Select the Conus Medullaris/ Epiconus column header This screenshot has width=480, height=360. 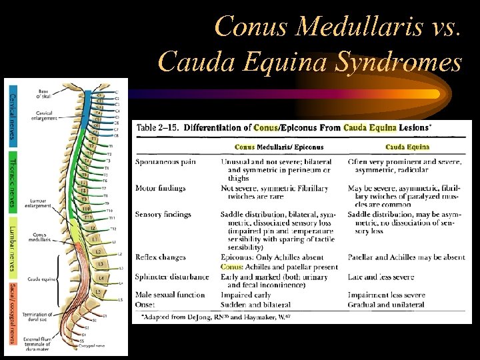coord(279,147)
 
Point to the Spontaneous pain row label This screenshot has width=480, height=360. coord(166,161)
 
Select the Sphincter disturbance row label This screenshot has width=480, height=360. coord(172,276)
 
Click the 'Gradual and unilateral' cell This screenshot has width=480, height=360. coord(386,304)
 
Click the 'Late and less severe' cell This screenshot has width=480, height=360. coord(381,276)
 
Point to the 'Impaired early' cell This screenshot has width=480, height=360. coord(247,295)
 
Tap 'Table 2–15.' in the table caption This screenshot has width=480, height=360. coord(159,127)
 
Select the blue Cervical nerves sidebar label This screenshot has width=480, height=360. coord(11,116)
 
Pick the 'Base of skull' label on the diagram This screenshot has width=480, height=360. coord(43,93)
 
